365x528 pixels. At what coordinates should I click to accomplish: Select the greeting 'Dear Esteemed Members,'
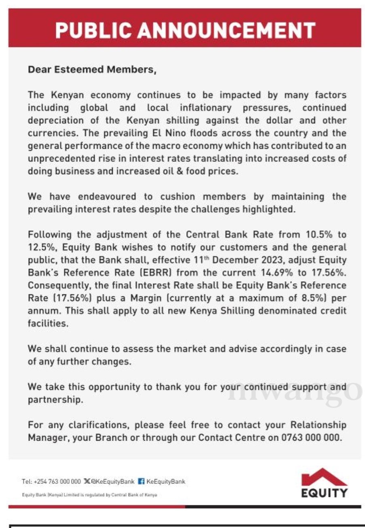[92, 70]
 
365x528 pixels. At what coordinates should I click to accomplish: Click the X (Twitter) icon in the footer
[87, 482]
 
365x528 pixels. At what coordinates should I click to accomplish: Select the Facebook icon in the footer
[141, 482]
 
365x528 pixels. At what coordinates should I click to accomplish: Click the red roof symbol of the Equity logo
[324, 477]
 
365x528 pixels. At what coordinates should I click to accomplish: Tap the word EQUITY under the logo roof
[324, 493]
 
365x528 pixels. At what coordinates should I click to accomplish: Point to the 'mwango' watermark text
[295, 391]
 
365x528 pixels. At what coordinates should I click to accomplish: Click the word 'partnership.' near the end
[55, 400]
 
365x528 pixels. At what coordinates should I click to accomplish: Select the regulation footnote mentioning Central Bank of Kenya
[89, 495]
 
